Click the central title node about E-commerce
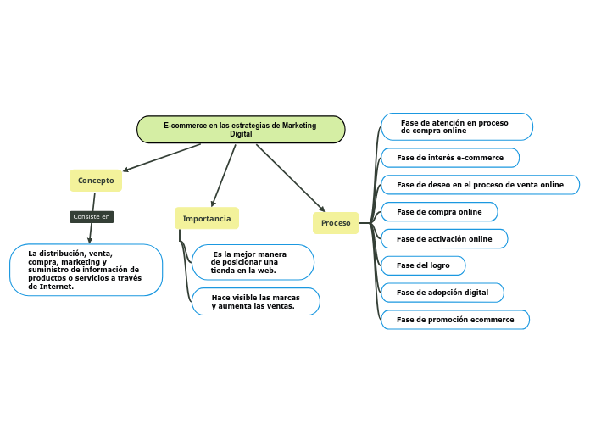click(x=241, y=130)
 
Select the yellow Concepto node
click(x=96, y=181)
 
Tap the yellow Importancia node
click(x=207, y=219)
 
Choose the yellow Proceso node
click(x=336, y=223)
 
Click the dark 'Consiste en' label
click(x=92, y=217)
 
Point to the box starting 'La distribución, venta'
click(x=86, y=270)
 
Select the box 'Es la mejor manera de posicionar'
click(x=253, y=262)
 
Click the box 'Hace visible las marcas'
click(x=255, y=302)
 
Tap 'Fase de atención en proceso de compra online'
click(x=456, y=127)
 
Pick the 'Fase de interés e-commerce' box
click(x=450, y=158)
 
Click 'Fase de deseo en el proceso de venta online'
click(x=480, y=185)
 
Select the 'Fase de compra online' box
click(x=439, y=212)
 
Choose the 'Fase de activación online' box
click(x=444, y=239)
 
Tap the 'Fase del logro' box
click(x=423, y=265)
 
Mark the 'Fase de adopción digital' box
click(x=442, y=293)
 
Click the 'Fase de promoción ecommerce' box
click(x=455, y=320)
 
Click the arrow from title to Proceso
click(x=290, y=177)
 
